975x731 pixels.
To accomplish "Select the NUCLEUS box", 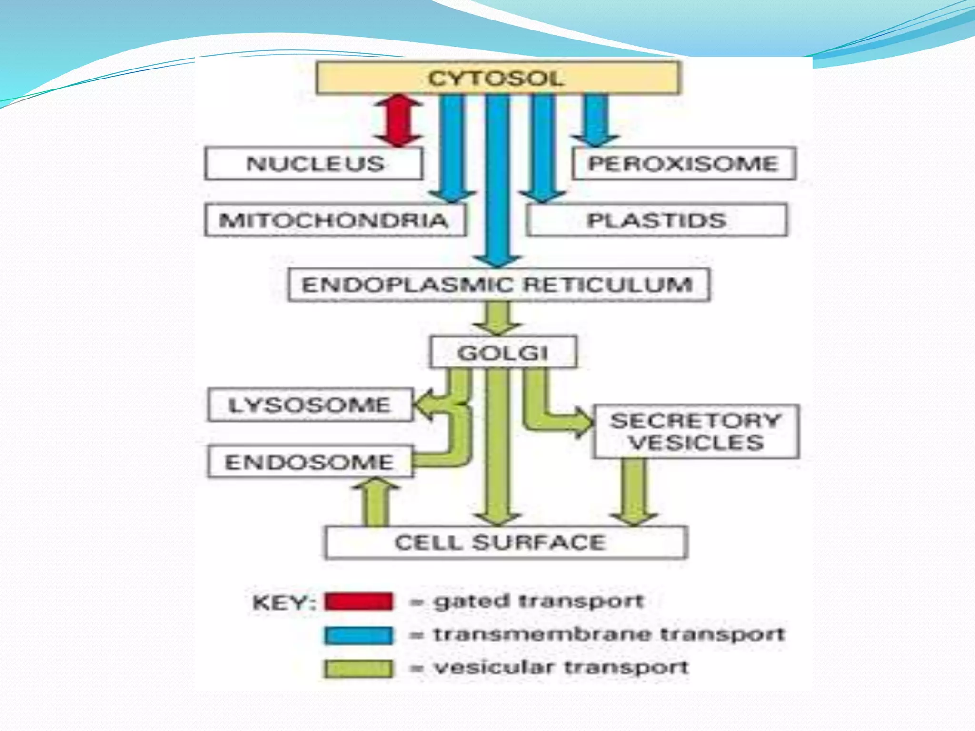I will pos(314,163).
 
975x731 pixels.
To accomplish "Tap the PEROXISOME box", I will pos(684,163).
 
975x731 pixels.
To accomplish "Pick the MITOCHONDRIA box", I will pos(335,220).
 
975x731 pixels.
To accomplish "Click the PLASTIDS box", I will pos(656,220).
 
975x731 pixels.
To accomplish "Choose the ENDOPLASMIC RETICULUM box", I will pos(498,285).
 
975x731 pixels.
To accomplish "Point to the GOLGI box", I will pos(503,352).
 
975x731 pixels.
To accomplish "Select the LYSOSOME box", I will pos(310,405).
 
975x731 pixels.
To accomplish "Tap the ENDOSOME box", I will pos(310,462).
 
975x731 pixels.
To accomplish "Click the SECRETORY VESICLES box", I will pos(696,432).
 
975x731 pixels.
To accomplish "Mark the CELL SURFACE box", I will pos(505,542).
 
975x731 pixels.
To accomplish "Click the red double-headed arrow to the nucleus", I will pos(398,120).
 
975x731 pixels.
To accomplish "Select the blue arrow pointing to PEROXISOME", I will pos(596,119).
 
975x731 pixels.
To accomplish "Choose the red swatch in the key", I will pos(359,602).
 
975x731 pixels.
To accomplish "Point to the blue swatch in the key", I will pos(359,635).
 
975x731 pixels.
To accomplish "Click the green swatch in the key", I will pos(359,668).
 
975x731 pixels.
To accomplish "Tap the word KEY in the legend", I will pos(283,603).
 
